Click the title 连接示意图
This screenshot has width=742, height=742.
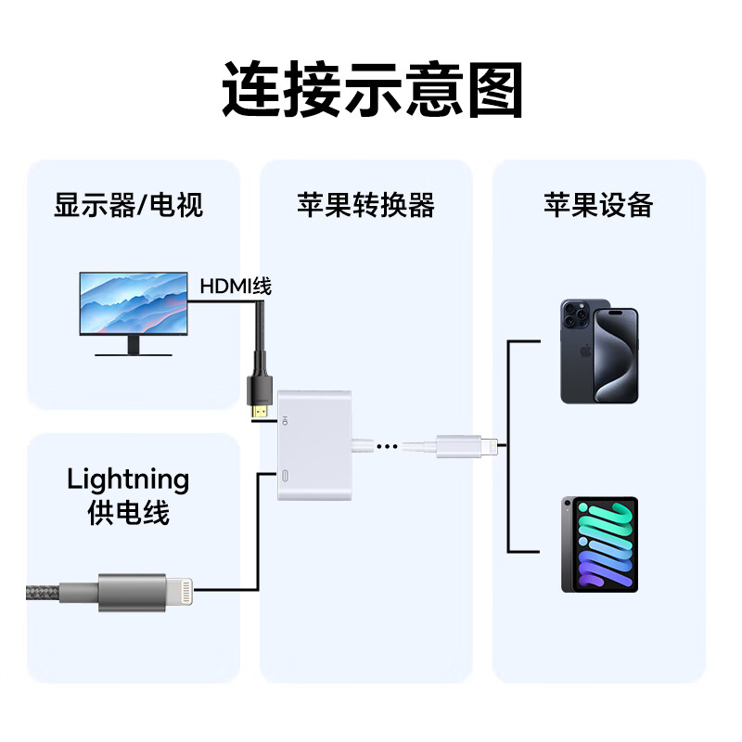[x=372, y=90]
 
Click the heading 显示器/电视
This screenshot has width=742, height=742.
[x=128, y=204]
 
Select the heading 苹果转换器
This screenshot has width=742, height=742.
[x=365, y=204]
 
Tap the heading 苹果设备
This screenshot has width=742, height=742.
[x=598, y=204]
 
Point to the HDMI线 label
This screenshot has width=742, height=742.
[x=236, y=286]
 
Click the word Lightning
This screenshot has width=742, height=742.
[x=128, y=480]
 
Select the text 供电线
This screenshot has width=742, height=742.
[x=128, y=513]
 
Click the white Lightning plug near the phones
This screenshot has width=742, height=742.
[x=464, y=447]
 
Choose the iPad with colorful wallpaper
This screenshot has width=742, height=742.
[x=599, y=544]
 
